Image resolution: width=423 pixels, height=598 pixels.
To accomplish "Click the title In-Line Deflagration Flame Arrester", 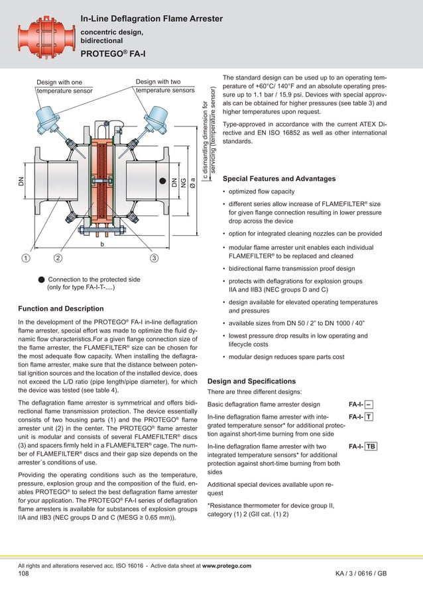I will coord(151,19).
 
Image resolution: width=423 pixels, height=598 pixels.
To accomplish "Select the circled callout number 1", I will coord(25,257).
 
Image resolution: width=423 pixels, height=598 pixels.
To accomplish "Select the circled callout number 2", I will coord(58,257).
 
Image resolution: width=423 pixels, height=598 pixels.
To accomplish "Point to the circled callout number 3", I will coord(154,257).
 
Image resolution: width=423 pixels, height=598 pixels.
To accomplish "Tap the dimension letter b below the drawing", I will coord(102,244).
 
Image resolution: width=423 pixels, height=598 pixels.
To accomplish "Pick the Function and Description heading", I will coord(61,309).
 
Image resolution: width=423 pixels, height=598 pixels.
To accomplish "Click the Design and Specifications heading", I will coord(251,381).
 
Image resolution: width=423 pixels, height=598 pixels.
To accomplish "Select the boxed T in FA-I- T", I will coord(369,417).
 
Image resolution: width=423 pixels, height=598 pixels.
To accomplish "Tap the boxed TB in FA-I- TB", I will coord(371,447).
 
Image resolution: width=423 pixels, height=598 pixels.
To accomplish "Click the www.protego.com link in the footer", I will coord(226,566).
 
